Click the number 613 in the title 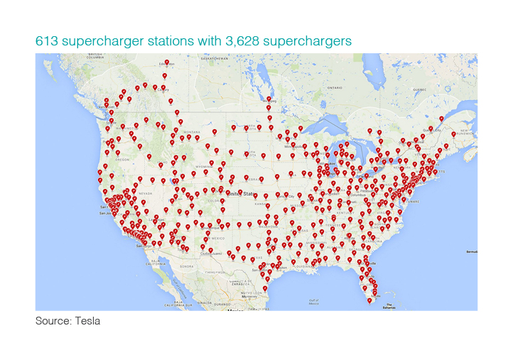click(47, 42)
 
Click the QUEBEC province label click(419, 89)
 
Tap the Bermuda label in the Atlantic click(471, 252)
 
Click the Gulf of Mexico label click(313, 301)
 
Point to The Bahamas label click(388, 307)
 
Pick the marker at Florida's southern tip click(369, 300)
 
